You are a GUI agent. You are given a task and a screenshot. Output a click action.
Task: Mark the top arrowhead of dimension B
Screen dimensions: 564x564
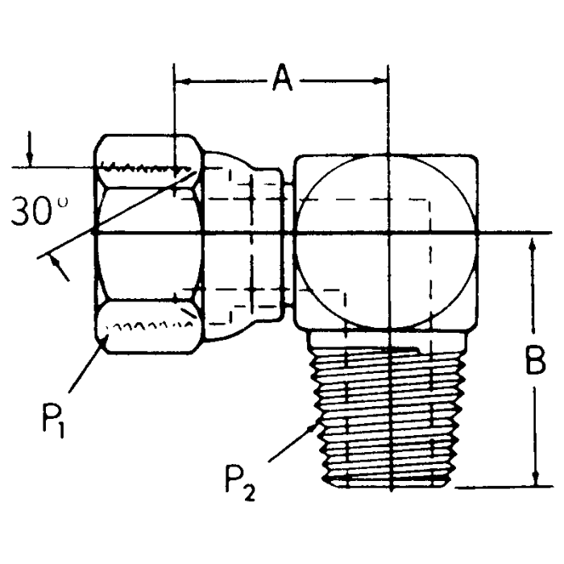533,243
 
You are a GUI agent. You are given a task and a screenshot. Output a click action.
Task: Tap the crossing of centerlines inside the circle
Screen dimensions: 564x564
388,234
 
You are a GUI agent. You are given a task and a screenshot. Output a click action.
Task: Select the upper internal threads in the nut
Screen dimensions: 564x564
145,169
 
